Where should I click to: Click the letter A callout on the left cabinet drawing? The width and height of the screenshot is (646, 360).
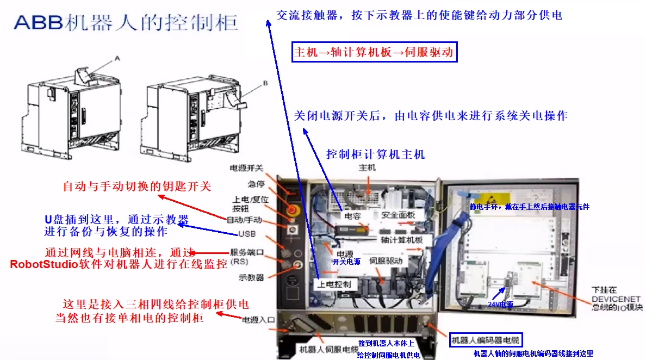click(x=117, y=57)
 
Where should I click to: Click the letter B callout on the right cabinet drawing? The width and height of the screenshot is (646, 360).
click(x=265, y=83)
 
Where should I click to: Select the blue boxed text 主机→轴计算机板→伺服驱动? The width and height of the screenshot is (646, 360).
click(x=375, y=52)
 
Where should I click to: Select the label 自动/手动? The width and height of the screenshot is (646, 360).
click(x=244, y=220)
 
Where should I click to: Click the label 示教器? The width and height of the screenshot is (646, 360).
click(x=251, y=277)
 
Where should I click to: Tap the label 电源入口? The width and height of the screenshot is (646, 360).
click(x=258, y=320)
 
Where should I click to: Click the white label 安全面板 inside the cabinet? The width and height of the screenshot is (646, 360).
click(x=398, y=215)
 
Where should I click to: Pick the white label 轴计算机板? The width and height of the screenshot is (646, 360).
click(x=399, y=239)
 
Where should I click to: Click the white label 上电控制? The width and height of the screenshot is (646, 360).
click(x=334, y=284)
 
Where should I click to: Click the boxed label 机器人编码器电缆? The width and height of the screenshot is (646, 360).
click(x=486, y=341)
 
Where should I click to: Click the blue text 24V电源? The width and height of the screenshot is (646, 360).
click(x=500, y=305)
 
